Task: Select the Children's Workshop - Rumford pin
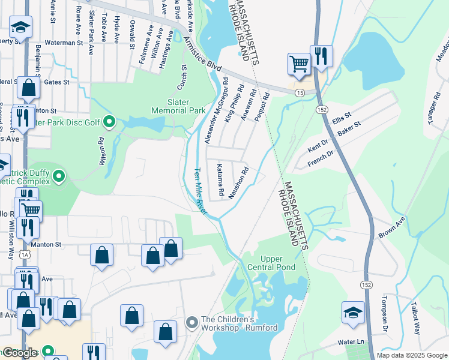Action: tap(192, 323)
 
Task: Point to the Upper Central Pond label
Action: tap(270, 263)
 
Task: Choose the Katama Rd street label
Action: tap(220, 181)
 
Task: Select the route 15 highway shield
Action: tap(298, 92)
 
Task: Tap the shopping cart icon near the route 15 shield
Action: tap(298, 62)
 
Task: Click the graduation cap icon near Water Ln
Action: tap(353, 313)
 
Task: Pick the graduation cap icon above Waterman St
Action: tap(20, 27)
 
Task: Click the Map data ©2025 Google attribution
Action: tap(412, 355)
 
